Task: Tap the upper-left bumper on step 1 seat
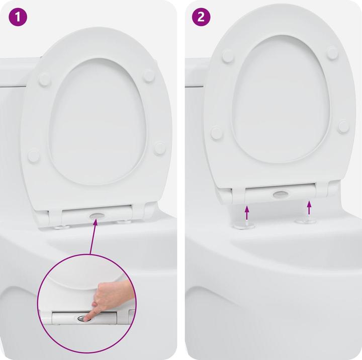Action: point(45,79)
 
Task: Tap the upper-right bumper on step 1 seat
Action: point(149,75)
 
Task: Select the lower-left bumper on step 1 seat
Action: point(34,155)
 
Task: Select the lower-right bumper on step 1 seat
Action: point(159,148)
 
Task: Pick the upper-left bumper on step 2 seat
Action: point(228,56)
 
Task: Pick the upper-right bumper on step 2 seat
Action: point(332,52)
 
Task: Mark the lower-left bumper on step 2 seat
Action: point(217,133)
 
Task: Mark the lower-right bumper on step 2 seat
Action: point(343,126)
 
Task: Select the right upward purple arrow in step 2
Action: point(309,207)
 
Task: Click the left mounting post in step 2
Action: point(246,224)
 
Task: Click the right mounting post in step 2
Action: point(305,220)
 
